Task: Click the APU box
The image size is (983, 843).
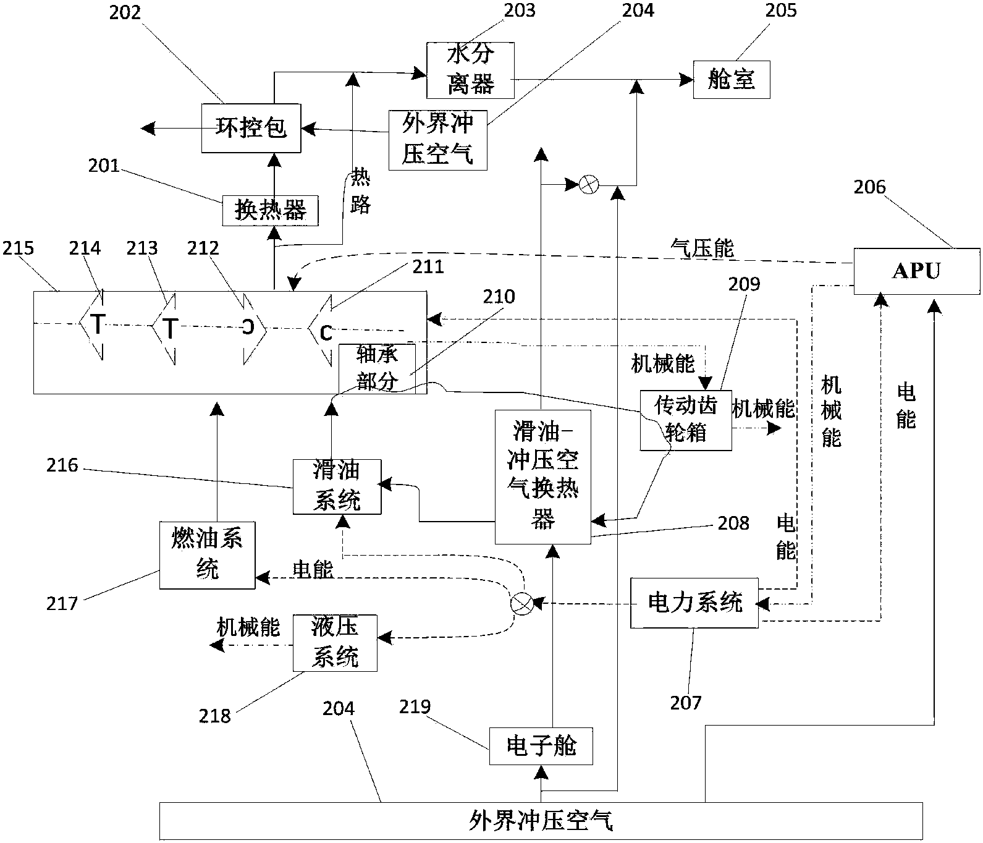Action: coord(916,271)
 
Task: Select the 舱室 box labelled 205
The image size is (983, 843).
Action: coord(732,79)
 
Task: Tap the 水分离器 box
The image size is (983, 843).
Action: coord(470,70)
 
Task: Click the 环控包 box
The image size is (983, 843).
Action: coord(251,128)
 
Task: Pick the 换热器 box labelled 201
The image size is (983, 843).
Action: coord(271,211)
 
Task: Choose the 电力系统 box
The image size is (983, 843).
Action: coord(694,602)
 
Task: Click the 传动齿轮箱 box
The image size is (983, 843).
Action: coord(686,420)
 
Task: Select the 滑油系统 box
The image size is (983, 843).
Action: coord(337,486)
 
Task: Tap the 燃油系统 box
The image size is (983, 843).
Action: coord(207,555)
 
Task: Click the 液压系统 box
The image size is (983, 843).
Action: coord(335,643)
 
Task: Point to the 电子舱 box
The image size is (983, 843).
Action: coord(541,746)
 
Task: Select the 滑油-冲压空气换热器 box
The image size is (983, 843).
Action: coord(542,476)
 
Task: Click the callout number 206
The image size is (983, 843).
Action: coord(869,187)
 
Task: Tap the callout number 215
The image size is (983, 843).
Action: coord(18,248)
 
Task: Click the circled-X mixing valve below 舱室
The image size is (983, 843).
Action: coord(589,184)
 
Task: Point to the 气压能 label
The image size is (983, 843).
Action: coord(702,248)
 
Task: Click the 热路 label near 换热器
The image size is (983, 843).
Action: coord(360,192)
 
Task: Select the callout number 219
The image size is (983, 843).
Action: coord(414,706)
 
